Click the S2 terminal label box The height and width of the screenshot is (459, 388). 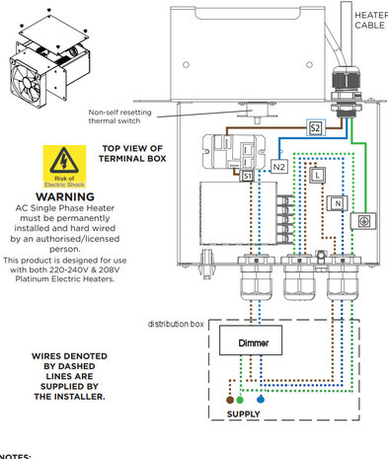pyautogui.click(x=315, y=128)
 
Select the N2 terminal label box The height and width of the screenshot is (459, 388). pyautogui.click(x=279, y=167)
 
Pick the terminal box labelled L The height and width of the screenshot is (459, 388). pyautogui.click(x=316, y=176)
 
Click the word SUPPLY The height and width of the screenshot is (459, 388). pyautogui.click(x=245, y=415)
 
